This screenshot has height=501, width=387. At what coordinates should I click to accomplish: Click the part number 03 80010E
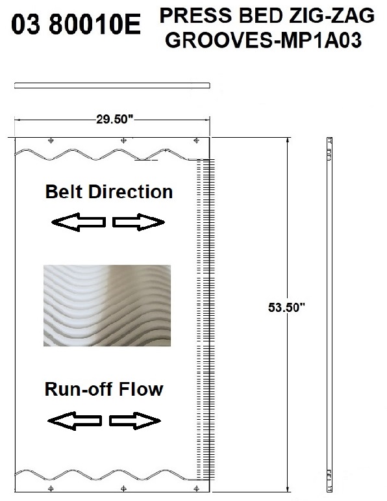coord(76,25)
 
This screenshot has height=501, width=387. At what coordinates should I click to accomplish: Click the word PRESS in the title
coord(195,16)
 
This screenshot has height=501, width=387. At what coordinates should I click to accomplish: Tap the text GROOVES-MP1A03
coord(264,40)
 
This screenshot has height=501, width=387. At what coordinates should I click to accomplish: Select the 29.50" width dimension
coord(115,119)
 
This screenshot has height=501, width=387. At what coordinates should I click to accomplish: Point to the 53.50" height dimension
coord(286,307)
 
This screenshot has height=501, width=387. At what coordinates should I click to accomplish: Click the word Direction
coord(131,192)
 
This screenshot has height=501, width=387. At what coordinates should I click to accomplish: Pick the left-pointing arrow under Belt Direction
coord(79,222)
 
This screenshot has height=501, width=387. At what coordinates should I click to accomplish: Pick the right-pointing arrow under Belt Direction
coord(138,222)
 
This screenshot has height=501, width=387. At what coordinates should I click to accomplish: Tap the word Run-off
coord(79,389)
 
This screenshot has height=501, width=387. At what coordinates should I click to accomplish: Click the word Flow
coord(140,389)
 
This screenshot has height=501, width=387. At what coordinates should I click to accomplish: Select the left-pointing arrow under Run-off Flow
coord(75,421)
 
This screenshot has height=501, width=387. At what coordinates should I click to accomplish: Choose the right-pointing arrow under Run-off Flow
coord(135,421)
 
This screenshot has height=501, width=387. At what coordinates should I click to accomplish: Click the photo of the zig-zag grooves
coord(107,305)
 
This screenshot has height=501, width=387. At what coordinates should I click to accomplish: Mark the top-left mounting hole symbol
coord(51,140)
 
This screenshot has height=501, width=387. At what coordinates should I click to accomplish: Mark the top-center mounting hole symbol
coord(123,140)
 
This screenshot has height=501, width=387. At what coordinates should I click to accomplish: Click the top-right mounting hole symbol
coord(196,140)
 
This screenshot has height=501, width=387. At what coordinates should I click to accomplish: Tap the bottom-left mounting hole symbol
coord(51,489)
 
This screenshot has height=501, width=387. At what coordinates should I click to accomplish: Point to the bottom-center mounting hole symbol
coord(123,489)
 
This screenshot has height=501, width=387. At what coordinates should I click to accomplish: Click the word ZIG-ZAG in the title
coord(332,16)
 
